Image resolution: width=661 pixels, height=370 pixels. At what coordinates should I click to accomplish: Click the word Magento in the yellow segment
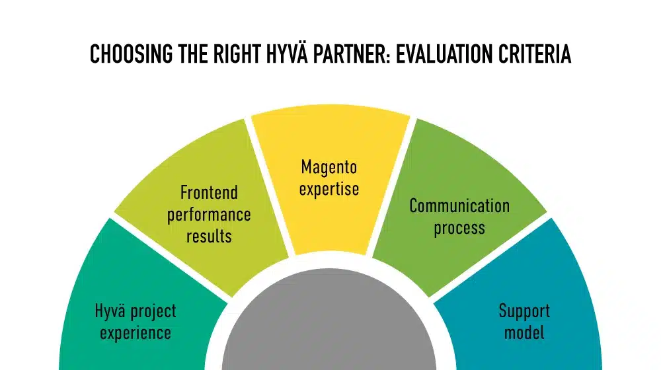(x=329, y=167)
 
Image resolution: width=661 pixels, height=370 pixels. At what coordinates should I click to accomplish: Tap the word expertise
(x=329, y=188)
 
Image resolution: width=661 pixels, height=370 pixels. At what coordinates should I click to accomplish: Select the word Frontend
(x=209, y=193)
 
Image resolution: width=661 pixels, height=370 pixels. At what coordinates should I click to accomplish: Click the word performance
(x=209, y=215)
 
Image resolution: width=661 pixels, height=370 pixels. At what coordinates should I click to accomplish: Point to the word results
(x=209, y=236)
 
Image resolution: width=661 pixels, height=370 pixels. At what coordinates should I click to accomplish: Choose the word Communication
(x=459, y=206)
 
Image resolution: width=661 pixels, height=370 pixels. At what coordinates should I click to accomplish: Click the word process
(x=459, y=229)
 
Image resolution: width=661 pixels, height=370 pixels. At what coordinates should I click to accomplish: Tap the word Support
(x=524, y=311)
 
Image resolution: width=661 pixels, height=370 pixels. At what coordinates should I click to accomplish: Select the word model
(x=524, y=332)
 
